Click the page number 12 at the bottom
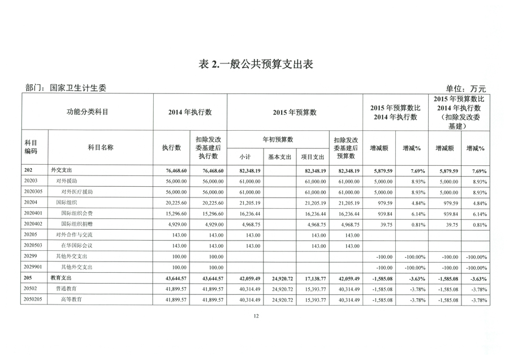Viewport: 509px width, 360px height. coord(256,316)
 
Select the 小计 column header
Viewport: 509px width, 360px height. coord(245,157)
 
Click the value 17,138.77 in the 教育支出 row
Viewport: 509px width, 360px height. coord(314,278)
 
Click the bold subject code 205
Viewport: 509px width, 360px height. coord(28,278)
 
